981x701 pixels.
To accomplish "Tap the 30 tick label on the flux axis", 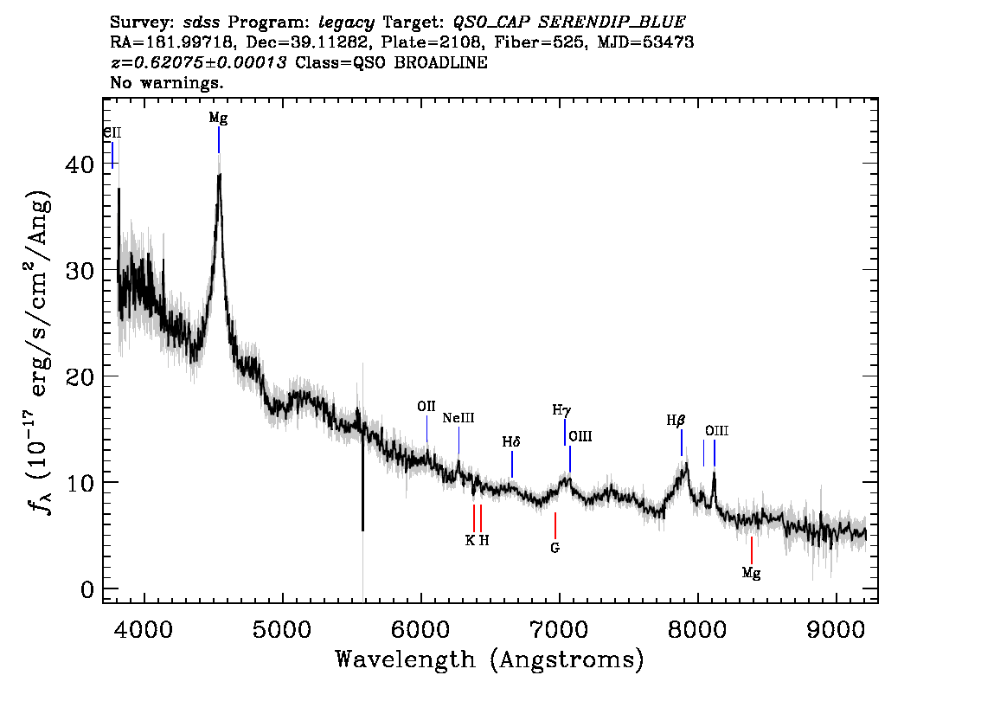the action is (80, 270).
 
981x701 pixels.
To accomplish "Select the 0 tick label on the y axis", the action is (87, 589).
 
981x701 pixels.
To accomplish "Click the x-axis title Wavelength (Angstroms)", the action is (490, 659).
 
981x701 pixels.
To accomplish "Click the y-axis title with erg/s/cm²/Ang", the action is (39, 353).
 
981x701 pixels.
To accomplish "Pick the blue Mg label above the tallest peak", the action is (218, 118).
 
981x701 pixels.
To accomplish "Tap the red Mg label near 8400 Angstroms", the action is (752, 573).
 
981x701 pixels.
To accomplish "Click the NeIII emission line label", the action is (458, 417).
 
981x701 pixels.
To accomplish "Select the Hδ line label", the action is (511, 442).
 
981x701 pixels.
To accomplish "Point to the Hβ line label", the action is (676, 421).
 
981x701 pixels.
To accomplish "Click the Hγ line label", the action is (561, 410).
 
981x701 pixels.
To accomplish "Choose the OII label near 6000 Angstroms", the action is (426, 406).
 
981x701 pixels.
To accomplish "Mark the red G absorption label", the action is (555, 548).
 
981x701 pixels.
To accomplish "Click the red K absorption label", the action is (470, 540).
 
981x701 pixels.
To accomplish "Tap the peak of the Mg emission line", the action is (219, 175).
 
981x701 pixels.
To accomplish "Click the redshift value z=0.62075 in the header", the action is (198, 62).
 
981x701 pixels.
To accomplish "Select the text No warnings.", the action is (166, 82).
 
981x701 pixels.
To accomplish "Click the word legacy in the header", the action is (346, 23).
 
